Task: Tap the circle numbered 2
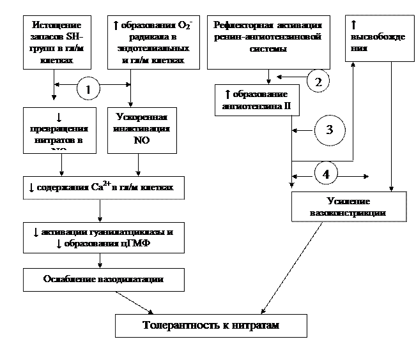point(318,80)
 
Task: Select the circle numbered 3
point(330,130)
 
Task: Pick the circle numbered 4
point(326,174)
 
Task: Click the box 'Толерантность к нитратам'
point(211,326)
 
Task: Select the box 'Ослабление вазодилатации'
point(103,280)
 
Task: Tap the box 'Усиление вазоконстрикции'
point(348,207)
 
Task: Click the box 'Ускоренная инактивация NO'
point(143,130)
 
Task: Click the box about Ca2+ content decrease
point(103,188)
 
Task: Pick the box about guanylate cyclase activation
point(103,238)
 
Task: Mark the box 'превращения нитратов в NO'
point(59,130)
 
